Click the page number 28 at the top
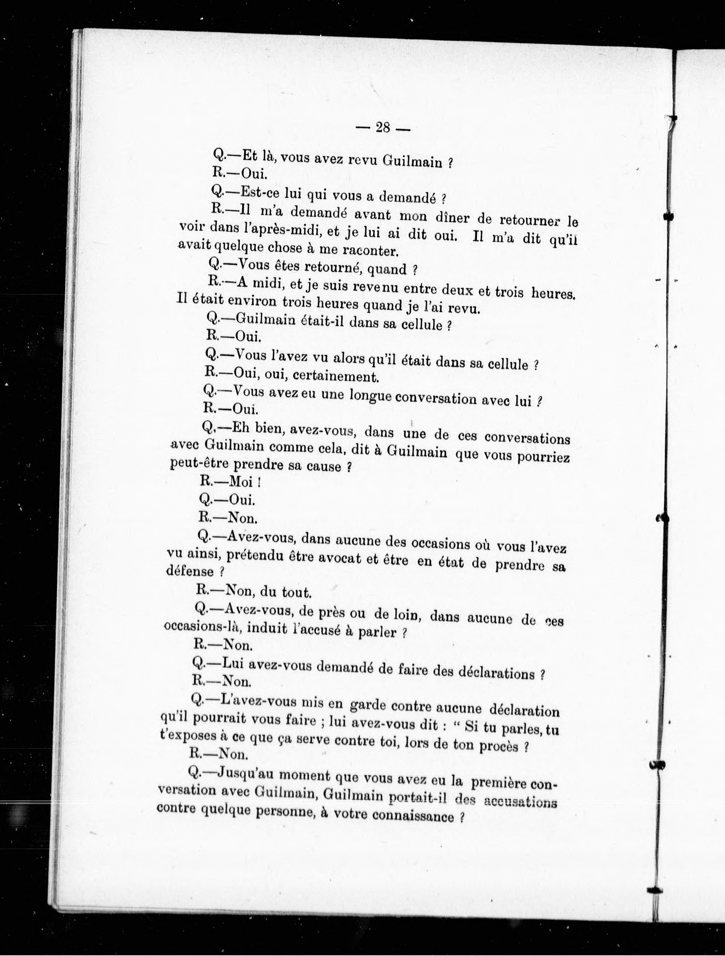click(x=383, y=128)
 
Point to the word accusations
click(x=520, y=802)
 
